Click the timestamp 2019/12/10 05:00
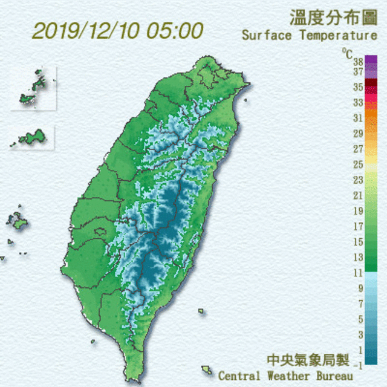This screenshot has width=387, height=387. (117, 31)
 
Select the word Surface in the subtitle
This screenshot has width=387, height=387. (267, 35)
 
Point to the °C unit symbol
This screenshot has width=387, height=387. (347, 53)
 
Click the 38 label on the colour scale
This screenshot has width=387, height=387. (357, 62)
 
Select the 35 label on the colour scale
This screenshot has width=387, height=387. (357, 86)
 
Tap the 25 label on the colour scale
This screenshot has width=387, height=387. (357, 164)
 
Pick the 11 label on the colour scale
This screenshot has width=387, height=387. (357, 273)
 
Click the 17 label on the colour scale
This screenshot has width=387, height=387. (357, 227)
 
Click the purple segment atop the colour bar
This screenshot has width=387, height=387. (371, 60)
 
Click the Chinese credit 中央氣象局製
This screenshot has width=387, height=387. (308, 360)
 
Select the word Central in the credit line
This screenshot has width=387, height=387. (239, 376)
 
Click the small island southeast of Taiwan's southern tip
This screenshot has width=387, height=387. (207, 369)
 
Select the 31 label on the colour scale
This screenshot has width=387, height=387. (357, 118)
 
